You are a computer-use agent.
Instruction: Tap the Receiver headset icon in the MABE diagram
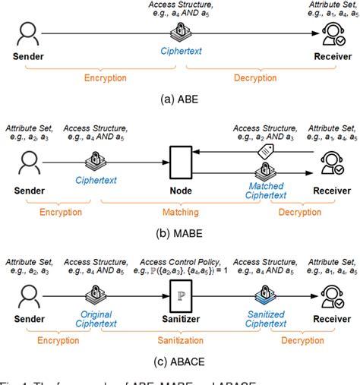pyautogui.click(x=333, y=164)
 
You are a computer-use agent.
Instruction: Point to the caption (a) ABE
pyautogui.click(x=181, y=103)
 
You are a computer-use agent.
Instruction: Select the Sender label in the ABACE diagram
pyautogui.click(x=29, y=318)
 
